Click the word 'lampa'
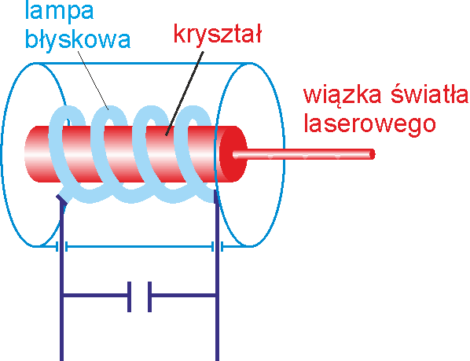tap(60, 11)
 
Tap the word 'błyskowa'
tap(78, 40)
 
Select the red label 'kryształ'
tap(218, 35)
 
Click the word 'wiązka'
tap(343, 96)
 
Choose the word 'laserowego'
tap(369, 123)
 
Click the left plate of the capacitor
tap(129, 297)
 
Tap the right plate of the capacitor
tap(149, 297)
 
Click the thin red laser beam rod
tap(303, 154)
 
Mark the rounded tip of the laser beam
tap(373, 154)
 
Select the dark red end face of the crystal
tap(233, 154)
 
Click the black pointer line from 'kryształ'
tap(185, 94)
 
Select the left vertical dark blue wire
tap(62, 280)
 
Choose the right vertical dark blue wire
tap(217, 276)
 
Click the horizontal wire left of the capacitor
tap(96, 296)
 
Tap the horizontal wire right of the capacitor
tap(183, 296)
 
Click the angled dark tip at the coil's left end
tap(61, 200)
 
